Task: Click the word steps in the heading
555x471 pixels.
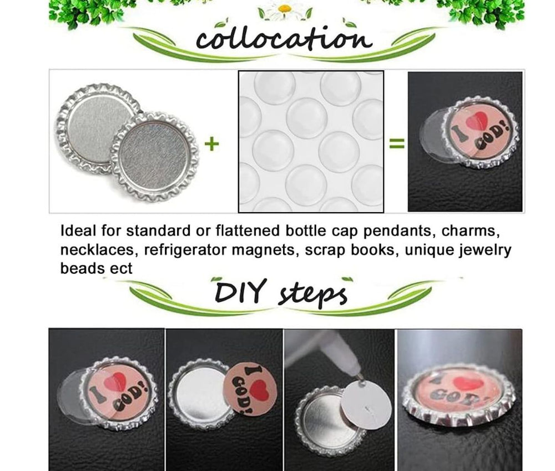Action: coord(312,294)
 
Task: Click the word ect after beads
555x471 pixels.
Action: coord(121,269)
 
